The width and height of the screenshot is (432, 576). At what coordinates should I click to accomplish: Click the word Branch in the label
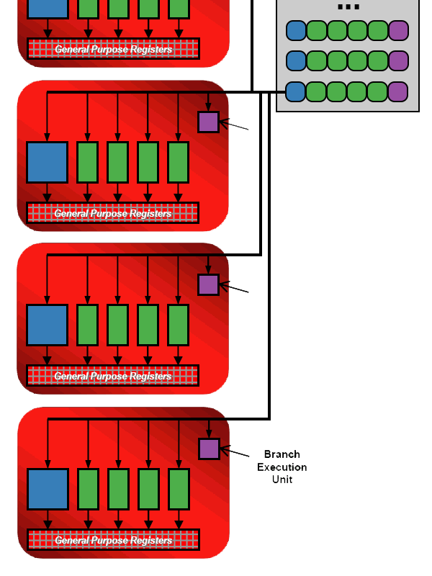click(x=282, y=454)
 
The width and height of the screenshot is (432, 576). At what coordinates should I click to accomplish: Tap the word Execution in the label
click(x=282, y=467)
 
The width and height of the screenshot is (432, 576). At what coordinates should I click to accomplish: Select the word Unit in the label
click(x=282, y=480)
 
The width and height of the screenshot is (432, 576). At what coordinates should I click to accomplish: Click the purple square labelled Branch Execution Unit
click(x=209, y=449)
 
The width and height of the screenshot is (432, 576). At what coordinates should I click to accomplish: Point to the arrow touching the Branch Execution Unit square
click(x=235, y=452)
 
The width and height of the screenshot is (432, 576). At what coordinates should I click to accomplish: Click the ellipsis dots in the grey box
click(x=348, y=7)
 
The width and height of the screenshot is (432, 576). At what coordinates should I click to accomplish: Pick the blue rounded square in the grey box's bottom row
click(x=296, y=91)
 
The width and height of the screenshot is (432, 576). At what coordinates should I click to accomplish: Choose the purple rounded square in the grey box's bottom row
click(x=398, y=91)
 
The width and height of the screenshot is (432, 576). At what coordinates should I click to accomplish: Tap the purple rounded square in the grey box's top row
click(x=398, y=30)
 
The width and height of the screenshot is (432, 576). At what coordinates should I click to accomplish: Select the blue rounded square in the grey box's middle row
click(x=296, y=60)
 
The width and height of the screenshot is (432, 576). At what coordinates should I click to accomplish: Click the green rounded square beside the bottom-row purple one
click(x=377, y=91)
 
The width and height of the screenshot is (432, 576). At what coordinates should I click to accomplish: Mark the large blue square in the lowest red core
click(x=48, y=489)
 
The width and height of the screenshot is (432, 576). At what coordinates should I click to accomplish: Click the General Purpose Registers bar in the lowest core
click(x=113, y=540)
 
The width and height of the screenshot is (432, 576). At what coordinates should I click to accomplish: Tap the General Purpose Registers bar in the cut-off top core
click(x=113, y=49)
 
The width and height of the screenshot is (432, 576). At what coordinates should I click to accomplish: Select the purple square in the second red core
click(x=208, y=122)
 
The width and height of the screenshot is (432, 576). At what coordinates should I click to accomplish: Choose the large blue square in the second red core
click(x=48, y=162)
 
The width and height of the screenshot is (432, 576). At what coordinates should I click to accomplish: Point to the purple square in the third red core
click(x=208, y=284)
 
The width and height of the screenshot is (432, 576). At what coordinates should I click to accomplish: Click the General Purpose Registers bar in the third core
click(x=113, y=376)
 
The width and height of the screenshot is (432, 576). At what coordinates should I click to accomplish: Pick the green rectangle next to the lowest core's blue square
click(x=88, y=489)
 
